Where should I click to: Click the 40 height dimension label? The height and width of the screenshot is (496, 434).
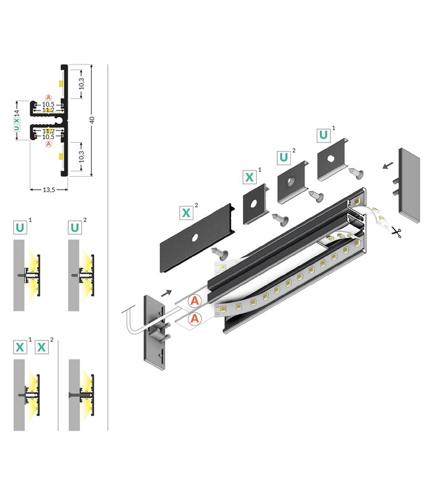92,120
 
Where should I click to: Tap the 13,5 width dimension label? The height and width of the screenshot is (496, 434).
49,190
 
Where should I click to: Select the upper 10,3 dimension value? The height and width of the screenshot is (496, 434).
82,83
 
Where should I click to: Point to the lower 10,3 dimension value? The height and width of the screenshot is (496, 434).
82,156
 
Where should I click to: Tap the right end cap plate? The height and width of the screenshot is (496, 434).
409,187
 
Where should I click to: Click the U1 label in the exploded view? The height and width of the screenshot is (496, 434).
323,135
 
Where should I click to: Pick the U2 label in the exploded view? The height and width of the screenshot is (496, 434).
284,157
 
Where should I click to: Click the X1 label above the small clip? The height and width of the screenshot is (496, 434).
250,177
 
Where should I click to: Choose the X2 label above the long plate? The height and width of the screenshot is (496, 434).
186,213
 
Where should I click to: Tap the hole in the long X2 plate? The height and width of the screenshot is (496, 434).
195,237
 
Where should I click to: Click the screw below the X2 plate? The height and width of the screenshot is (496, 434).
220,253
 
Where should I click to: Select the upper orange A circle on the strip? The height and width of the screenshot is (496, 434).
195,300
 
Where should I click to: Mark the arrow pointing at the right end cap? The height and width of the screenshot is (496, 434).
388,166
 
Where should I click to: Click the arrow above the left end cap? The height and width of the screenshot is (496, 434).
166,293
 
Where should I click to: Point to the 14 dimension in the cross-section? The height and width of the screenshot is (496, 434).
17,113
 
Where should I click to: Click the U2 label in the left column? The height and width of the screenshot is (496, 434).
74,228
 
